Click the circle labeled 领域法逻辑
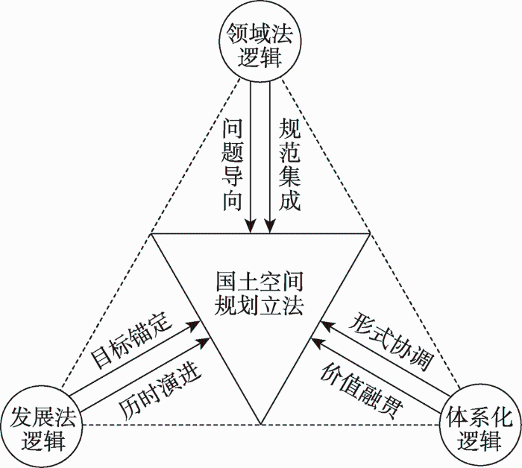260,40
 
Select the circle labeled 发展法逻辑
41,427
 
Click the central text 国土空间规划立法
259,294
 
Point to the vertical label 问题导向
232,165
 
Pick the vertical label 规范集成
289,165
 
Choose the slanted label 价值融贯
362,390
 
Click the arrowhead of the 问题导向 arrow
251,227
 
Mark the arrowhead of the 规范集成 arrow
270,227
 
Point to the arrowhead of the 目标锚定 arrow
194,326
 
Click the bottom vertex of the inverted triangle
261,425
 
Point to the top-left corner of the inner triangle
151,234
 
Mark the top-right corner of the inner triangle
370,233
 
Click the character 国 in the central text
226,282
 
